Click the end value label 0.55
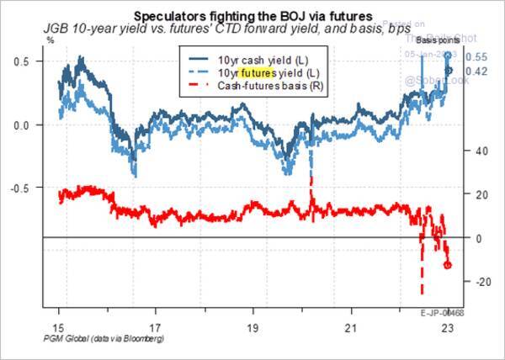coord(476,57)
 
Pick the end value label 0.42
coord(476,71)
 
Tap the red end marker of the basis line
coord(448,265)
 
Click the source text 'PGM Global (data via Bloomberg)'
coord(92,338)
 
